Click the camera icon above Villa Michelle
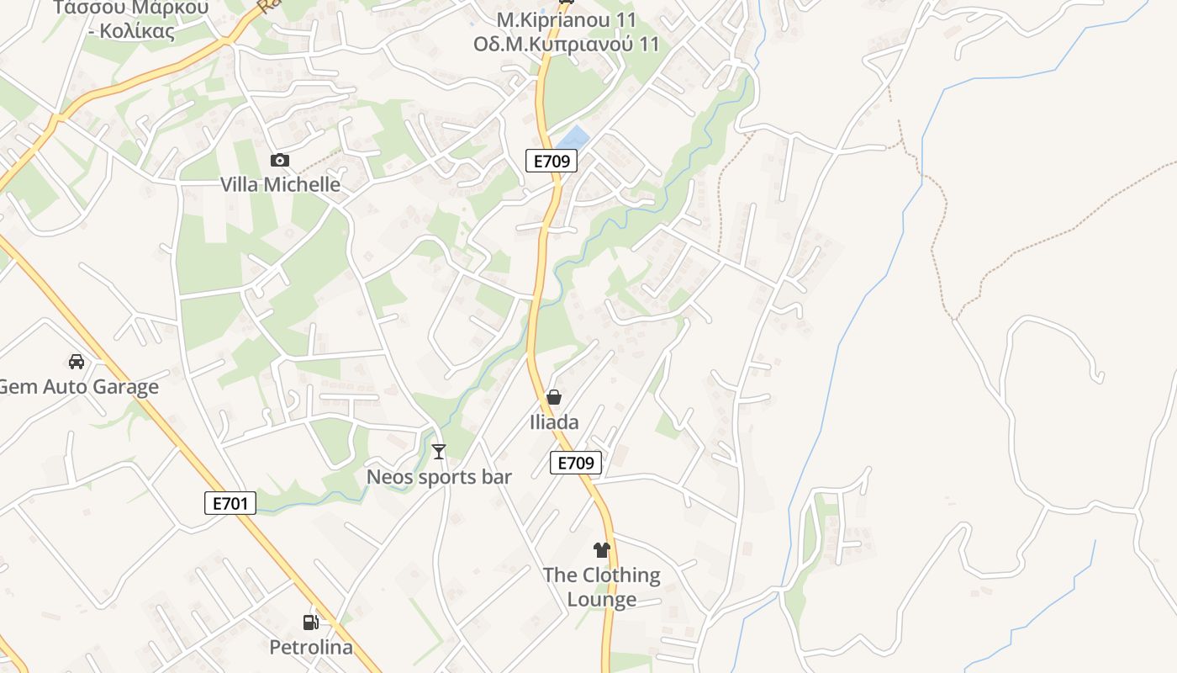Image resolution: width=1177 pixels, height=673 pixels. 280,160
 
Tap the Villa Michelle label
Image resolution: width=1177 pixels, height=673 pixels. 280,184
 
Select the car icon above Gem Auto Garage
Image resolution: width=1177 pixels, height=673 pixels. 77,362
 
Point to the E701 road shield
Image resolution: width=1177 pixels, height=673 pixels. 230,503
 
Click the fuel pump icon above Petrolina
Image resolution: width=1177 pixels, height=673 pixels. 310,623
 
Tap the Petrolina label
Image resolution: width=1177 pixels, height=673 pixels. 311,648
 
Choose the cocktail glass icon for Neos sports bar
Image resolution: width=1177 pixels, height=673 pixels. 438,452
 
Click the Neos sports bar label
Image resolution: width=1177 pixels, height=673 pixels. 439,477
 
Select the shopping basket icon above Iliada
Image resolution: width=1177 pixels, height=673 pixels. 554,396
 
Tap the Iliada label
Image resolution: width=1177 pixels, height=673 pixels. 554,421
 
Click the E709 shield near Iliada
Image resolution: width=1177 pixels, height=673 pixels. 576,462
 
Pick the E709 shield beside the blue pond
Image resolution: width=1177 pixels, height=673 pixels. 551,161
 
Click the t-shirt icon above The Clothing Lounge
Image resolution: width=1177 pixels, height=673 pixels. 601,550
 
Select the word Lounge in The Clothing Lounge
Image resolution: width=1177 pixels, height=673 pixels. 601,599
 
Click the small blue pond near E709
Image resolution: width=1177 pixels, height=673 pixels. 573,137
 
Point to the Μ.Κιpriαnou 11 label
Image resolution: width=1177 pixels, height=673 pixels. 566,19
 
